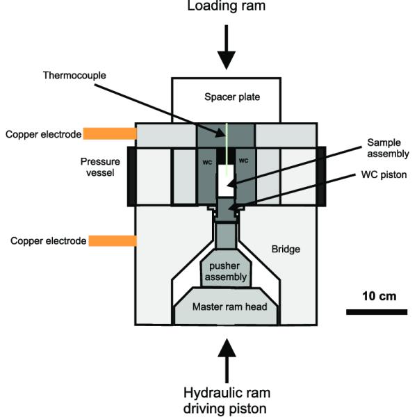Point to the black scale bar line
click(376, 311)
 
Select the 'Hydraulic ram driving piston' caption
click(228, 398)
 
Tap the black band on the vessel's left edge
click(131, 177)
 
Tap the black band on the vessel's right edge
click(321, 177)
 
